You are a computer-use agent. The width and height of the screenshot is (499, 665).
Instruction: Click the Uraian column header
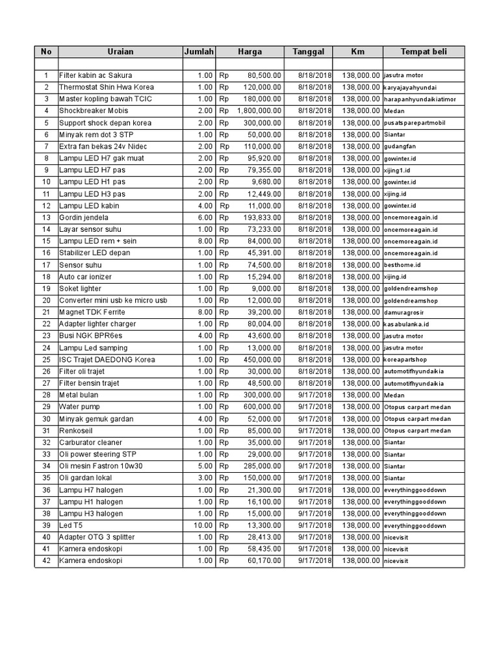click(120, 52)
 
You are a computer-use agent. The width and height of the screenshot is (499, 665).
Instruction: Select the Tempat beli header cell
click(424, 52)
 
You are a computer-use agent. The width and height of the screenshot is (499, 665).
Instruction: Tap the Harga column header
click(249, 52)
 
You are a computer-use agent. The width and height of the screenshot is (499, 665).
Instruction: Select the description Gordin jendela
click(84, 218)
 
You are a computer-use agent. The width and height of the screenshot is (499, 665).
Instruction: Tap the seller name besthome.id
click(403, 265)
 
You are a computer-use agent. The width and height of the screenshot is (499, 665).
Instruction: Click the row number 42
click(45, 560)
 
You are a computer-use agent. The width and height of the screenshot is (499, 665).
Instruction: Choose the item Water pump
click(80, 407)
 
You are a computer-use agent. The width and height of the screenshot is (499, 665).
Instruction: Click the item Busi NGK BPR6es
click(90, 336)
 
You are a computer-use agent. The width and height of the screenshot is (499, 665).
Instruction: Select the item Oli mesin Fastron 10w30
click(101, 466)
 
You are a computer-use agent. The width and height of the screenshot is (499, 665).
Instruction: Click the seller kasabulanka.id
click(406, 324)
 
